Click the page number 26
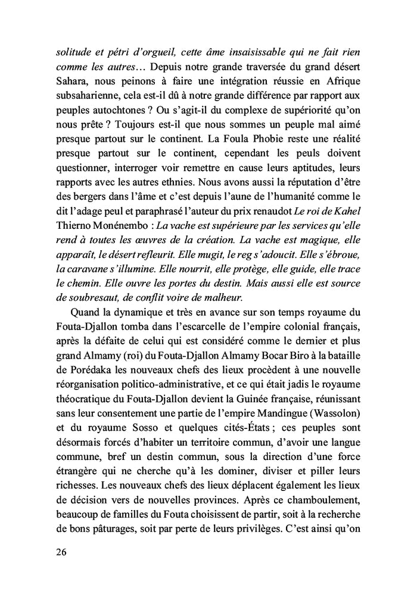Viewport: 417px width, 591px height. (60, 552)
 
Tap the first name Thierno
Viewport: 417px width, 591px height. (74, 235)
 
